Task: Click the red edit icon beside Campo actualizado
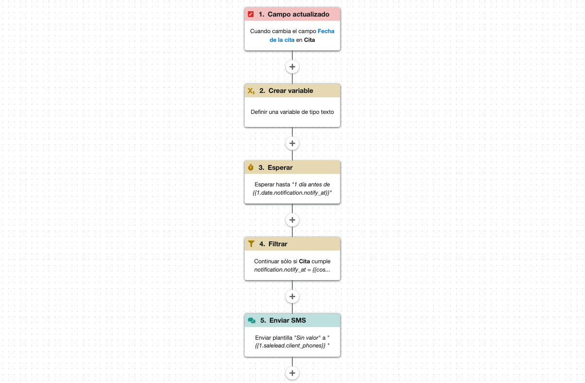(251, 14)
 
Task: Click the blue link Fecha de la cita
(302, 36)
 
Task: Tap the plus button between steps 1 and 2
(292, 67)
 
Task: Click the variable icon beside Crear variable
(251, 91)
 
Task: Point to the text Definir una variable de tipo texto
(292, 112)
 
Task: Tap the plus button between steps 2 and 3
(292, 144)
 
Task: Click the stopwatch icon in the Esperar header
(251, 167)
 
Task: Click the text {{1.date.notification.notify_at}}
(291, 193)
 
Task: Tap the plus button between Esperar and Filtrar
(292, 220)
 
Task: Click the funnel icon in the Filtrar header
(251, 244)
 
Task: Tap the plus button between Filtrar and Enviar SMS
(292, 297)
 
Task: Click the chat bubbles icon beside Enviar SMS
(251, 321)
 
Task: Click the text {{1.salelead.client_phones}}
(290, 346)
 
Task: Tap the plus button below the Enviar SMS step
(292, 373)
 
